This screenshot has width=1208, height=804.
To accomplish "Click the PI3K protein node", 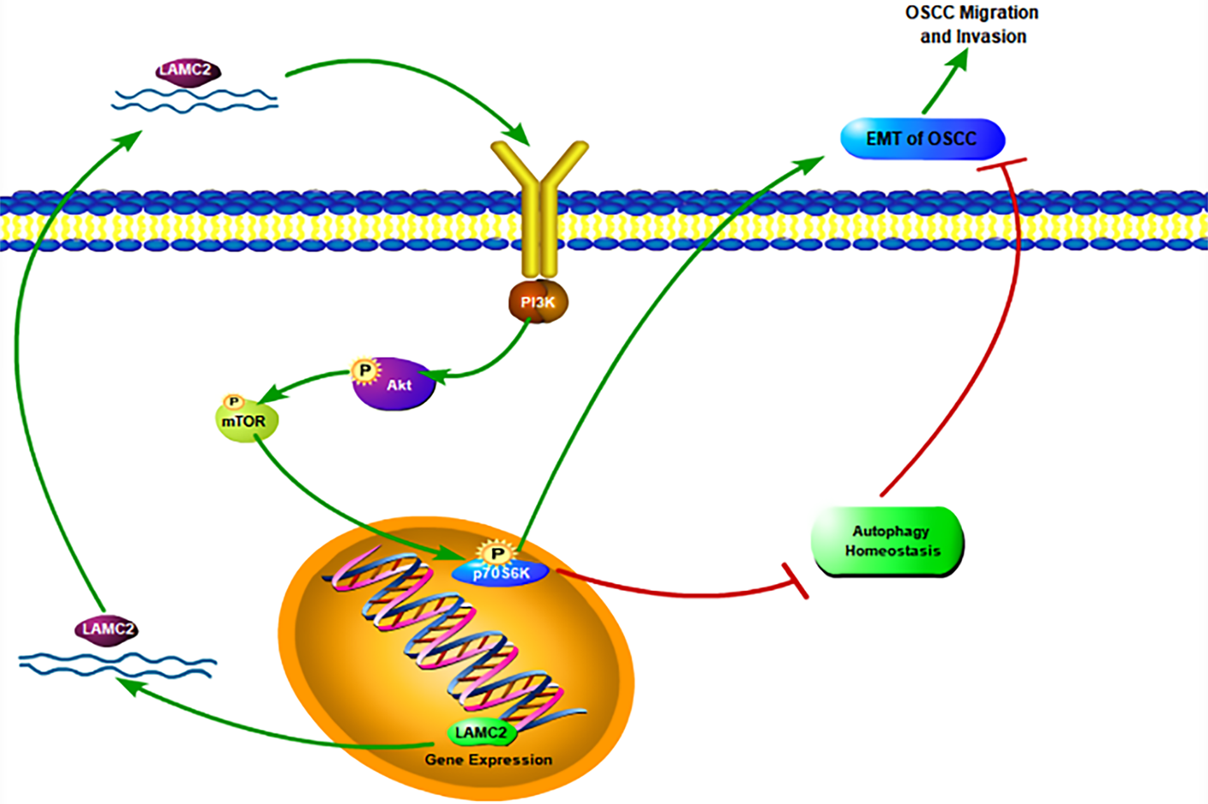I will [x=538, y=302].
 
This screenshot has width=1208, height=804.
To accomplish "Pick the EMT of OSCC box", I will [x=922, y=139].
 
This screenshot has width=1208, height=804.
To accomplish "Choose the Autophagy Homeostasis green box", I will [x=889, y=541].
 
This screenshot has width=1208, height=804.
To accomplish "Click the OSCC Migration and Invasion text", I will [x=972, y=25].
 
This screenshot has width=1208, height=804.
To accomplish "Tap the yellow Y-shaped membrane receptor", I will [x=539, y=204].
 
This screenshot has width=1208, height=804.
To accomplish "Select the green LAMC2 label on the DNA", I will [x=481, y=733].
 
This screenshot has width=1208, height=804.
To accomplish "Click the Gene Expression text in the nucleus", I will [x=488, y=760].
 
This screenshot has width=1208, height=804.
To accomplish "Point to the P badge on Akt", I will [x=366, y=370].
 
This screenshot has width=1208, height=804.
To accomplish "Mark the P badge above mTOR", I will [x=233, y=402].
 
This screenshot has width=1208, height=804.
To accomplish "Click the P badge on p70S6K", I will [x=497, y=553].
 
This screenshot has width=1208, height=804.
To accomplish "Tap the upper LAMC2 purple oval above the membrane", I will [x=188, y=70].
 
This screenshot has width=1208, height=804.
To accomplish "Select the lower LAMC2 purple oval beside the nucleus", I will [x=107, y=630].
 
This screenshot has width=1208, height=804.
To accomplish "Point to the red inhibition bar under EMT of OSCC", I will [x=1001, y=164].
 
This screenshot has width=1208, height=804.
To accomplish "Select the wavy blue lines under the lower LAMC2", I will [x=118, y=665].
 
